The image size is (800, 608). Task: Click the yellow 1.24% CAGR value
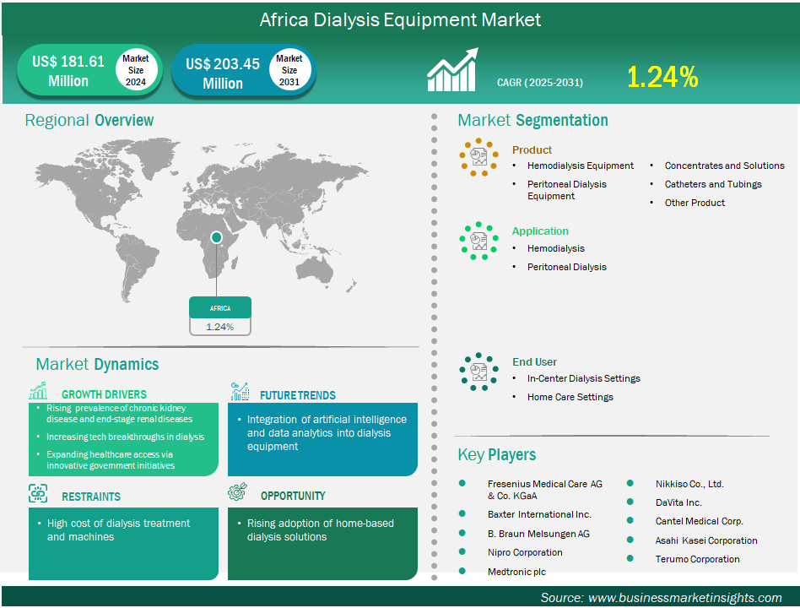point(662,77)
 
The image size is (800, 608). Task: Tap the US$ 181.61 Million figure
point(68,71)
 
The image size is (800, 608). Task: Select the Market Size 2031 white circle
point(289,70)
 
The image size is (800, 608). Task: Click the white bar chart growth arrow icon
point(452,70)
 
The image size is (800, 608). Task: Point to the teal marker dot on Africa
point(216,237)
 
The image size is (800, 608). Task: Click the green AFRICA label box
point(220,308)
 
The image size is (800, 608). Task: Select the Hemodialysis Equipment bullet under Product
point(580,166)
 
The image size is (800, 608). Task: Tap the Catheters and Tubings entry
point(713,184)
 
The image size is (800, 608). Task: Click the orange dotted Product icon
point(478,157)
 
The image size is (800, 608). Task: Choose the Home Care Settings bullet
point(570,397)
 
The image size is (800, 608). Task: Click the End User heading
point(534,362)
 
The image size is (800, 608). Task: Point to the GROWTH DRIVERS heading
point(104,394)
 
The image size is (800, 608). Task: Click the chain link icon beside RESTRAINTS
point(38,494)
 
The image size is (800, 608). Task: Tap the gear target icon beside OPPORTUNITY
point(237,491)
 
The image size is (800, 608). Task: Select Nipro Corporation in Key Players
point(525,552)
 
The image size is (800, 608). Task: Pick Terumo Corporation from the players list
point(697,559)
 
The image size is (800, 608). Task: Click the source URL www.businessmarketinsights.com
point(684,598)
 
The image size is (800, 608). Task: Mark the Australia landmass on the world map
point(315,268)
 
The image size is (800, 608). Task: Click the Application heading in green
point(540,231)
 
